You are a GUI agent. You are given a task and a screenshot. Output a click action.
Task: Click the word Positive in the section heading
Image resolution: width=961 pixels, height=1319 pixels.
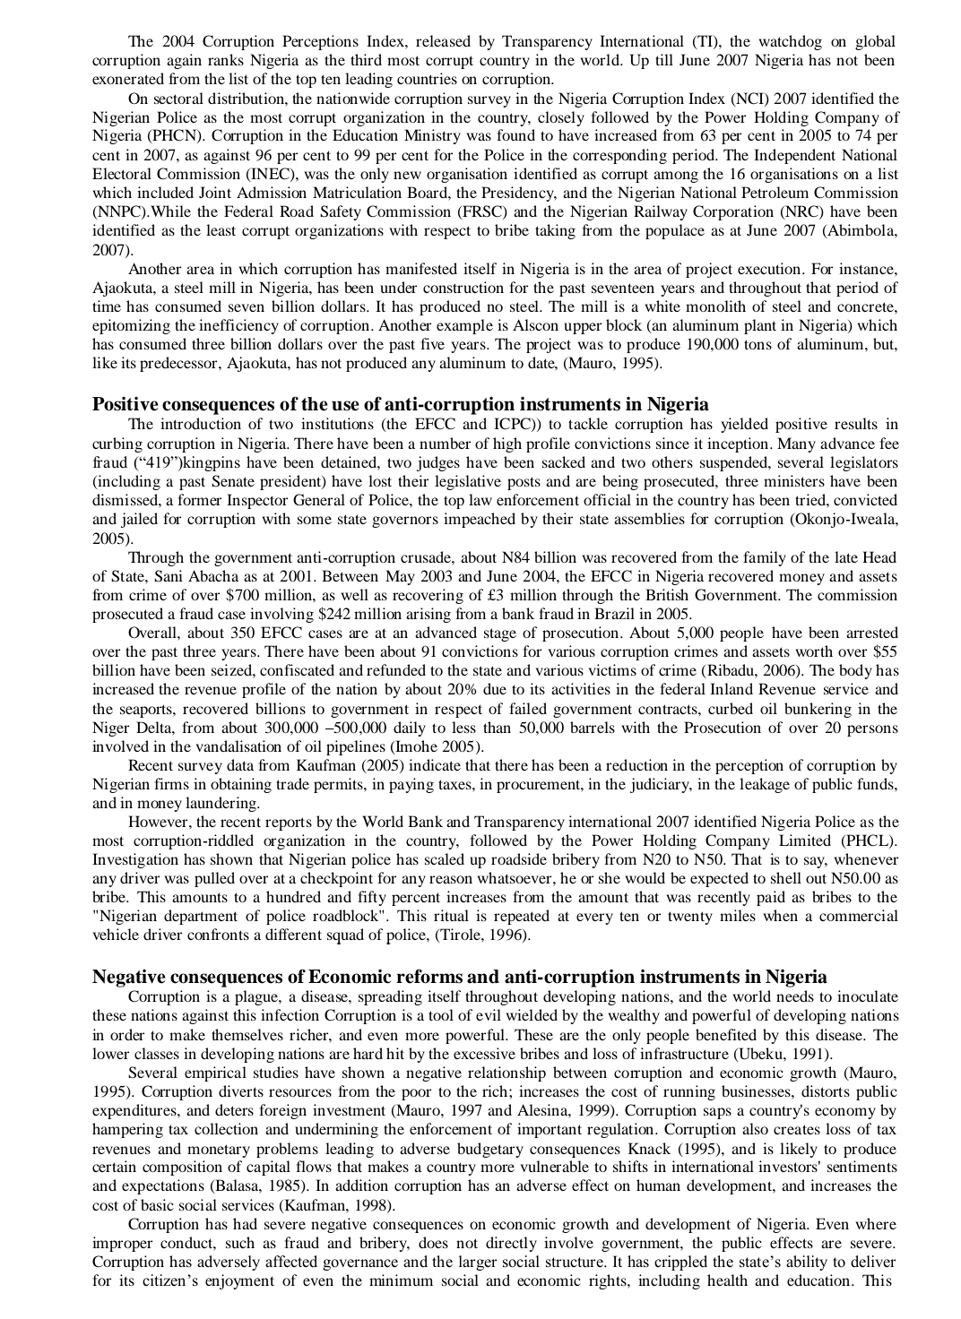pos(126,404)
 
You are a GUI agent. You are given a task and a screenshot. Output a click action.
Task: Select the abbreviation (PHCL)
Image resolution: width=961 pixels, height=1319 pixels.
pos(868,841)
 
